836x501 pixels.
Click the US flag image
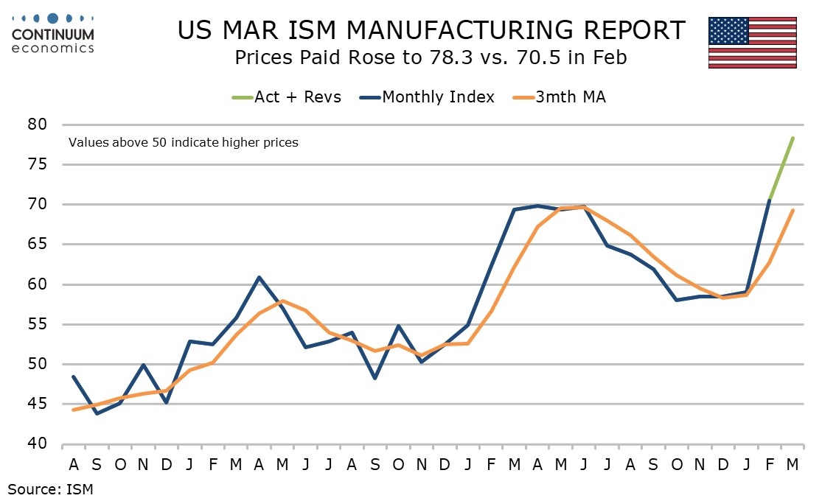tap(752, 42)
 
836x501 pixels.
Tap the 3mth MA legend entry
tap(561, 97)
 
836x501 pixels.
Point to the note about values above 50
tap(183, 142)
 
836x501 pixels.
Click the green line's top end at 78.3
tap(792, 139)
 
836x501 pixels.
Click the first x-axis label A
tap(74, 464)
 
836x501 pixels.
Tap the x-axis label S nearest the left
tap(97, 464)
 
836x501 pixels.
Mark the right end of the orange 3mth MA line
tap(792, 210)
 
